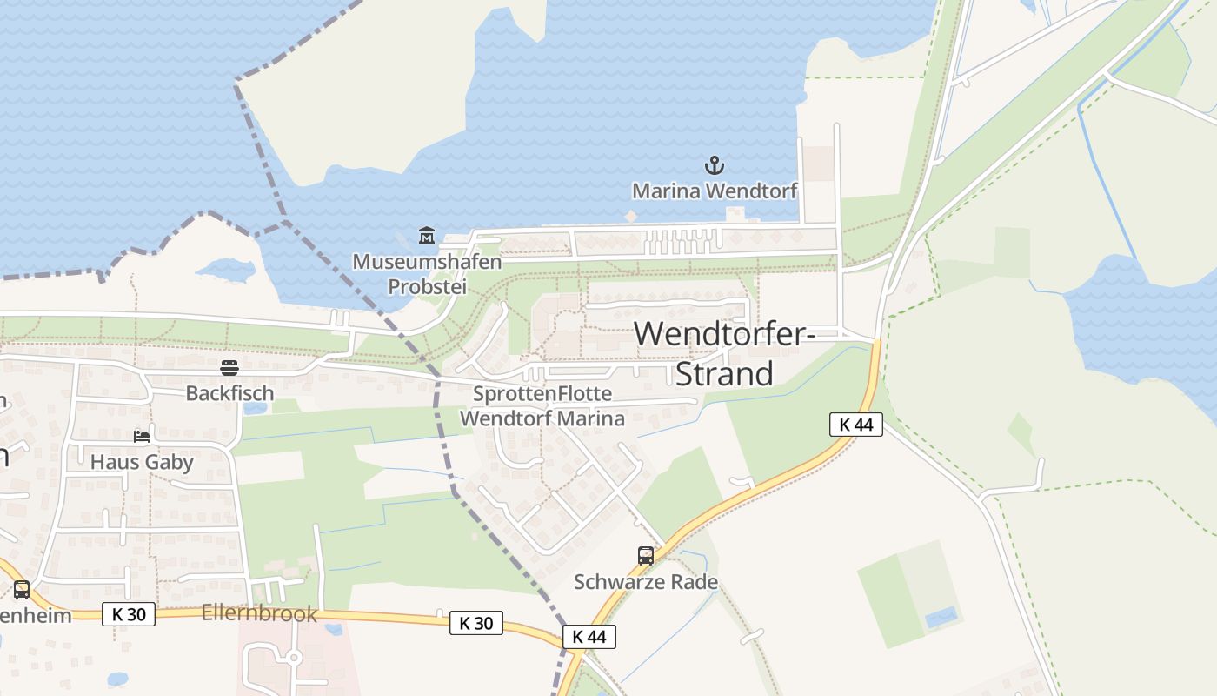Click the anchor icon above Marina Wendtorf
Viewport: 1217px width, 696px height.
[714, 164]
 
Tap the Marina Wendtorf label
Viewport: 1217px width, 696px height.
[714, 191]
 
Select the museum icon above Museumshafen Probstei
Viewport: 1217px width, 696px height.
[427, 235]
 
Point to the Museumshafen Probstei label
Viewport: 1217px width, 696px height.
[427, 273]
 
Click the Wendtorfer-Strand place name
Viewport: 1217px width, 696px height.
[724, 353]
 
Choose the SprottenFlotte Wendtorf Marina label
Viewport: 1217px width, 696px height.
[542, 406]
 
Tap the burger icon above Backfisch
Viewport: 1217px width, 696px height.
[229, 368]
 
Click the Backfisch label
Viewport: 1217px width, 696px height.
[229, 393]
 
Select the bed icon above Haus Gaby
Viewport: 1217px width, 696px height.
[142, 436]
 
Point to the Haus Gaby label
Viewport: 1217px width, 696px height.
[142, 461]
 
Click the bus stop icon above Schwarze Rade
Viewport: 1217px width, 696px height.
[646, 555]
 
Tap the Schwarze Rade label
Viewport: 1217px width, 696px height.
[646, 581]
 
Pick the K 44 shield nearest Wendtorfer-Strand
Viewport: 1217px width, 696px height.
[856, 425]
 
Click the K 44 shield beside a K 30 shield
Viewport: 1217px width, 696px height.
[589, 637]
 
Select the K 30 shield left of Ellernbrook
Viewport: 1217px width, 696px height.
[129, 613]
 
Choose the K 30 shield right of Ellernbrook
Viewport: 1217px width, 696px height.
[476, 623]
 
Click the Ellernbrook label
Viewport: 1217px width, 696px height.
[259, 613]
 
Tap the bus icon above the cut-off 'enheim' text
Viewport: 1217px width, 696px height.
[22, 589]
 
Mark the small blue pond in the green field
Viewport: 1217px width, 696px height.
[941, 618]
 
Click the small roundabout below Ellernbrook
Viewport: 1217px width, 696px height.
[294, 658]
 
